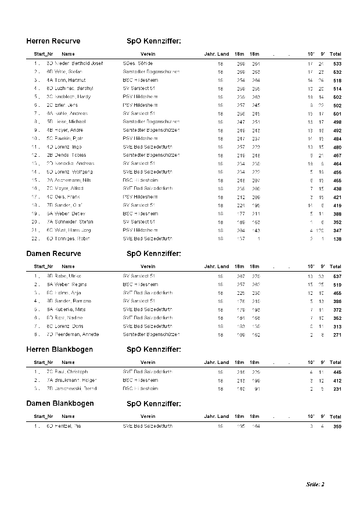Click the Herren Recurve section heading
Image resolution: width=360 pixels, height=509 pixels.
tap(53, 41)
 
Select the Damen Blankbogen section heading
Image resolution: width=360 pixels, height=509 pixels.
tap(60, 403)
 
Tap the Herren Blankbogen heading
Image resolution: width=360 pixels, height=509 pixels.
tap(60, 349)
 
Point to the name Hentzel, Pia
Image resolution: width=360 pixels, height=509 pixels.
tap(72, 426)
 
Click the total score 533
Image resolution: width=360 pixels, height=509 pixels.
tap(337, 63)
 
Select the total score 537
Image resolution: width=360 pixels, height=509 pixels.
tap(337, 276)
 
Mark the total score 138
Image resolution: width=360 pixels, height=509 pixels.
tap(337, 239)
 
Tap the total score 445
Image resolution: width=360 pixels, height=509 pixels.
tap(337, 371)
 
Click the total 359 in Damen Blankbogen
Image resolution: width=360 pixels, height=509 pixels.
tap(337, 426)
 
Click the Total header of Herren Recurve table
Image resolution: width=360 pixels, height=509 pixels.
tap(336, 54)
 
